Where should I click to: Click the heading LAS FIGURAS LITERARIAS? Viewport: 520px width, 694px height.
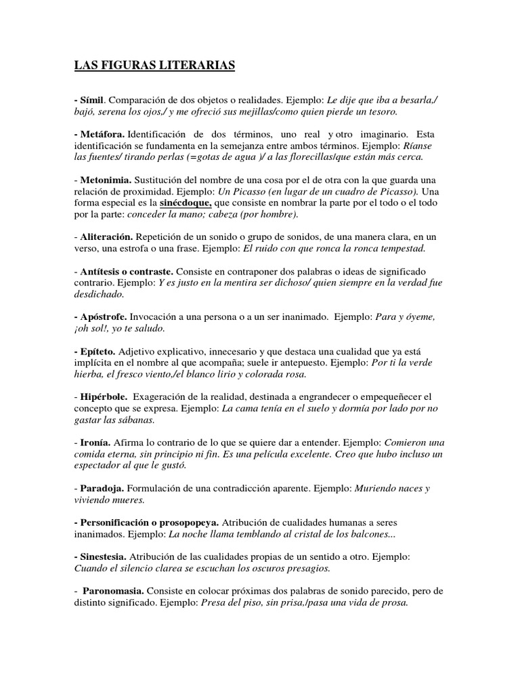click(x=154, y=65)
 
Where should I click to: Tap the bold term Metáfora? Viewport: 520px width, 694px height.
click(x=102, y=134)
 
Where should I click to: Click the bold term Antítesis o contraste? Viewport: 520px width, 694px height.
click(x=129, y=271)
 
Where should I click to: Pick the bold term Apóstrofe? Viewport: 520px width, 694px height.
click(x=102, y=317)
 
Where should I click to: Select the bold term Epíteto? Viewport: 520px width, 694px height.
click(x=97, y=351)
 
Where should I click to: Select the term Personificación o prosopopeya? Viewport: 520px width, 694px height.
click(x=146, y=523)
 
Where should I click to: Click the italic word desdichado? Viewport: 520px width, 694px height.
click(x=99, y=294)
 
